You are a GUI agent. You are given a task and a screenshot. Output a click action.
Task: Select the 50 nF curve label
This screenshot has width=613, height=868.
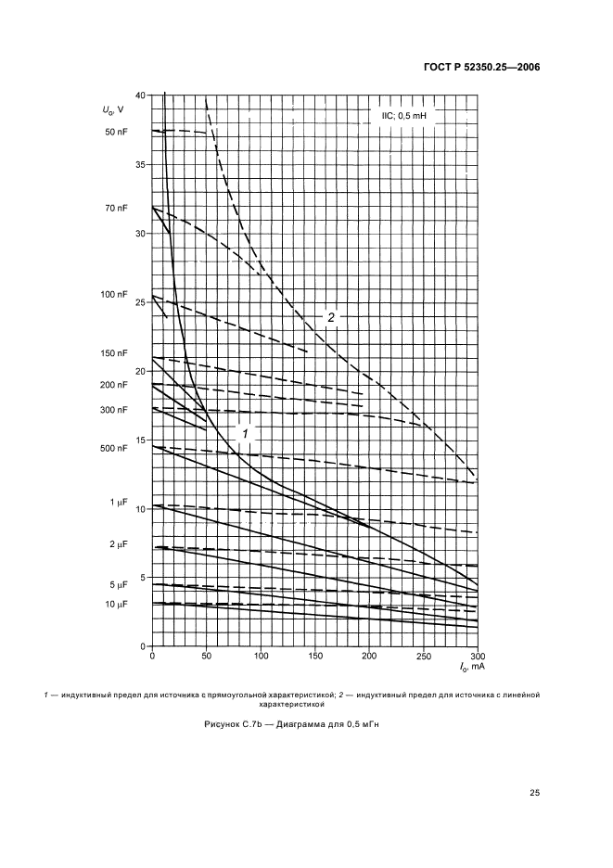click(x=116, y=132)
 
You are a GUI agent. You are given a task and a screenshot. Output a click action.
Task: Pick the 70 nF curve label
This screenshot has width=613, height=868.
click(x=116, y=209)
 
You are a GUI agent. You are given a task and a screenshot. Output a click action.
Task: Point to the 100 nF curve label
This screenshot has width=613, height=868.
click(x=114, y=295)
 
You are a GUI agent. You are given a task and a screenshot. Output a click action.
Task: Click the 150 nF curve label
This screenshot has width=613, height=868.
click(x=114, y=353)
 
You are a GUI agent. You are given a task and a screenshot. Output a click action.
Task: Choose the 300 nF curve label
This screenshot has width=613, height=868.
click(x=114, y=410)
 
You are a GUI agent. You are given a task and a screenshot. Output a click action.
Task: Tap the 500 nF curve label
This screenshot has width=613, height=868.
click(x=114, y=449)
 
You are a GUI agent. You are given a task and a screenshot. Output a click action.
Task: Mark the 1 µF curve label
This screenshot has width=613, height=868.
click(x=119, y=503)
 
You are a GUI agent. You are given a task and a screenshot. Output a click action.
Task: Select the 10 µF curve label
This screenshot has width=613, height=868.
click(x=116, y=605)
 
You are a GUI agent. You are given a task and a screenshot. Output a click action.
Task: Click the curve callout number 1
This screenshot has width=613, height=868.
click(x=246, y=433)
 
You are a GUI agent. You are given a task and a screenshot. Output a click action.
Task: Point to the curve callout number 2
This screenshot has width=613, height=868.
click(x=330, y=317)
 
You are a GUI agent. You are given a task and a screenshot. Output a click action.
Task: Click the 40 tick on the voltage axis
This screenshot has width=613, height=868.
click(x=140, y=96)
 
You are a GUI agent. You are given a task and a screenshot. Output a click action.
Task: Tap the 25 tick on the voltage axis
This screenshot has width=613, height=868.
click(x=140, y=302)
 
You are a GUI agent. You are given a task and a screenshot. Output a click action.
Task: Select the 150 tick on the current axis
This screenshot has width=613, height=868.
click(x=315, y=657)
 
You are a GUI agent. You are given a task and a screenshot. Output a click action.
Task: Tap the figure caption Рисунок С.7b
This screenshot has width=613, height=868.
click(x=306, y=725)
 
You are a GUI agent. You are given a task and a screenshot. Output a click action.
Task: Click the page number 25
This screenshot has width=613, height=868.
click(x=533, y=793)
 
